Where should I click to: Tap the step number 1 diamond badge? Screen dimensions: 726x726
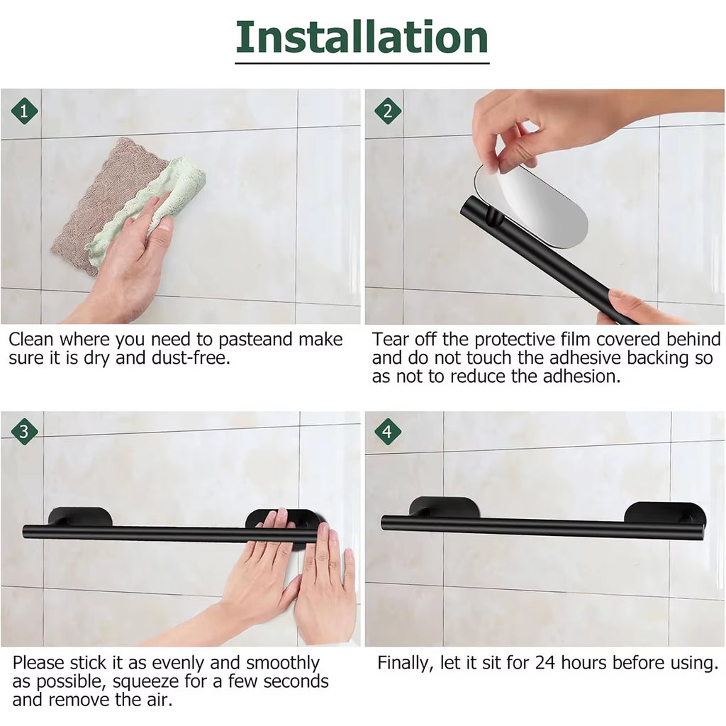(x=25, y=111)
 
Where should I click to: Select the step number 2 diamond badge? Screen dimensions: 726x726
(x=387, y=111)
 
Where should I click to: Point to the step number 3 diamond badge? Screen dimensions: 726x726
(x=25, y=431)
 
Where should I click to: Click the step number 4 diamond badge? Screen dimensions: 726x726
(x=387, y=431)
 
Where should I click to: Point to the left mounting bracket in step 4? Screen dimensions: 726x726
(x=445, y=507)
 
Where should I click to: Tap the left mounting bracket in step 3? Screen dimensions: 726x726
(x=80, y=516)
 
